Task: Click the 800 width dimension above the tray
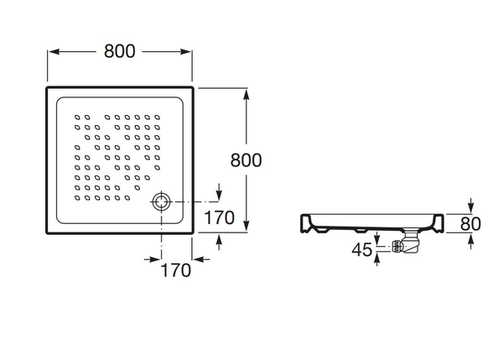coord(121,50)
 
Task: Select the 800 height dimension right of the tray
coord(246,159)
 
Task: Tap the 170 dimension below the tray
coord(174,270)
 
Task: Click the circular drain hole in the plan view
coord(161,201)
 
